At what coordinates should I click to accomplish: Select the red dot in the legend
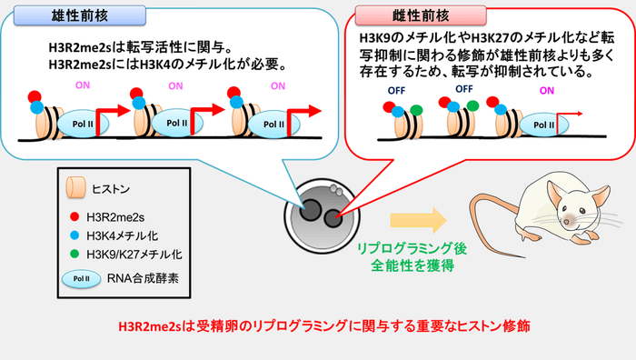point(74,217)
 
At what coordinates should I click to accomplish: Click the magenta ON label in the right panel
point(546,91)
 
